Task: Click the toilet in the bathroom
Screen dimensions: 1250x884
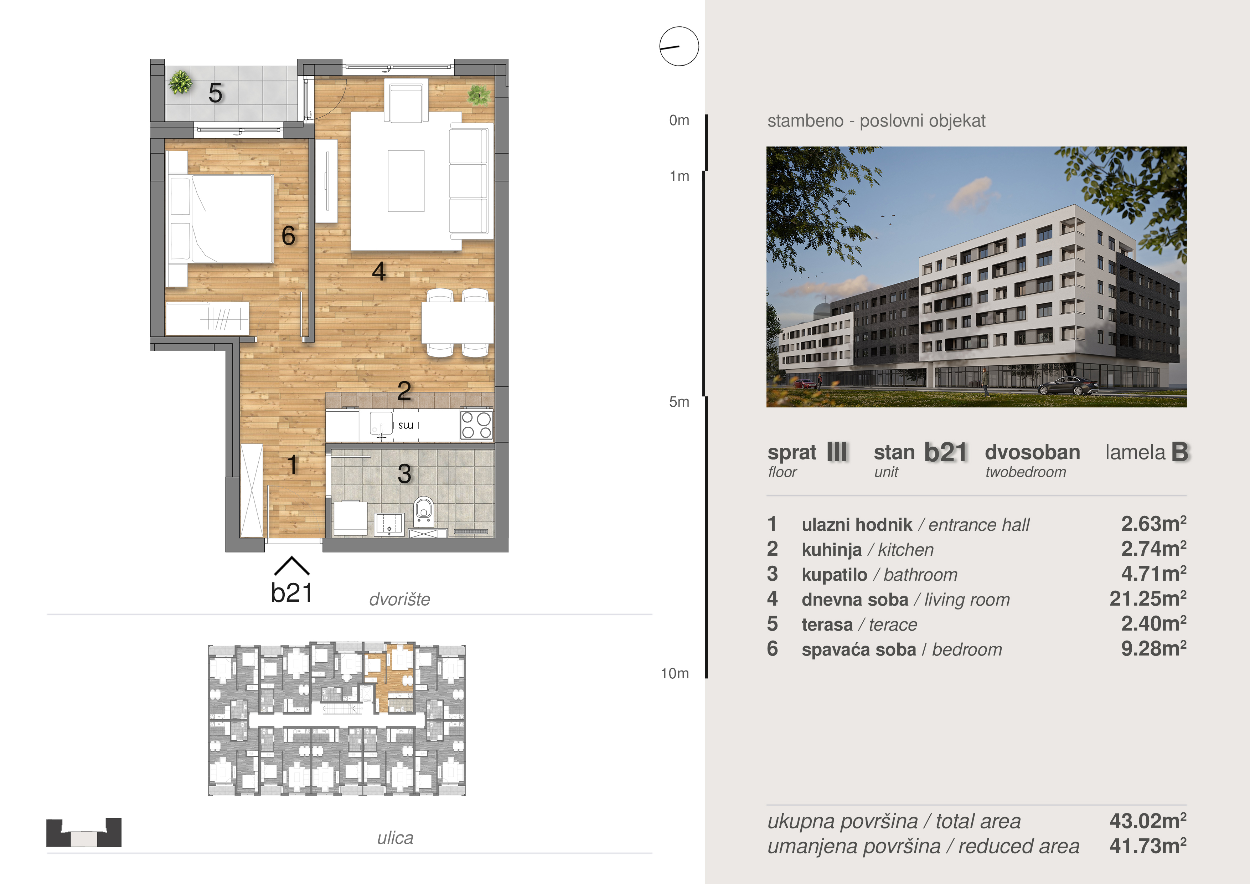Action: point(424,510)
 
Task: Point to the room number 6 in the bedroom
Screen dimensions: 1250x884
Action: point(289,235)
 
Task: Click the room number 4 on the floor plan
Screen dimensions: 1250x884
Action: point(379,271)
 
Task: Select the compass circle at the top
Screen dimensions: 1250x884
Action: point(679,46)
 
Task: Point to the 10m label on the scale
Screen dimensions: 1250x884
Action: point(675,673)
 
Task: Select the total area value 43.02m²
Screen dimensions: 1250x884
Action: point(1148,821)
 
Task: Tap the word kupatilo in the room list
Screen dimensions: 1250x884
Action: point(834,575)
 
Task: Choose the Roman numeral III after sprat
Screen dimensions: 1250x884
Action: point(837,452)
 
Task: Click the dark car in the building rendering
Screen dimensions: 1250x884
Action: point(1068,386)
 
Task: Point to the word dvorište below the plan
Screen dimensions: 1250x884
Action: point(399,599)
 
